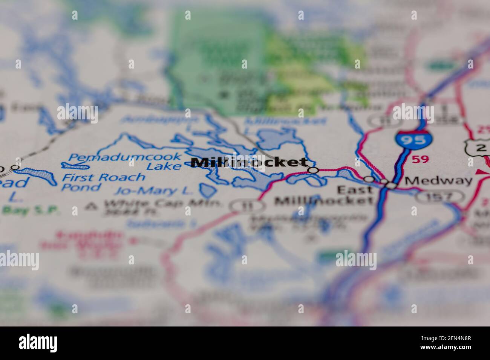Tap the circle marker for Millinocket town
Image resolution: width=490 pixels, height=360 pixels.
pyautogui.click(x=313, y=170)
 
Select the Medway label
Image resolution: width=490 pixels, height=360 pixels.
pyautogui.click(x=438, y=180)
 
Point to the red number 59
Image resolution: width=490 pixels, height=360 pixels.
pyautogui.click(x=420, y=159)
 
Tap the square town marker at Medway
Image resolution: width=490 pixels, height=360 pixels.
pyautogui.click(x=392, y=186)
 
